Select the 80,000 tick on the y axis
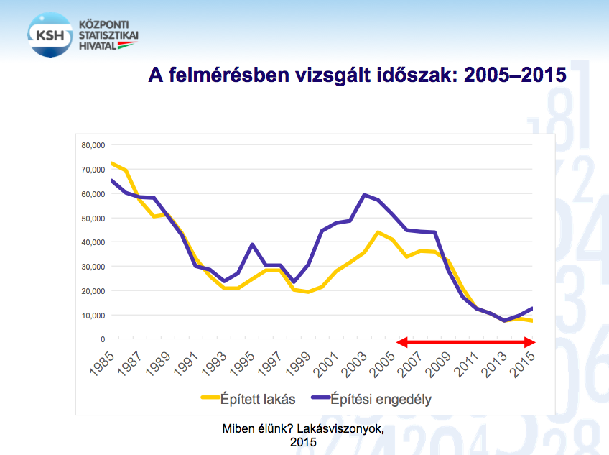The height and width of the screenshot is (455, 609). [x=93, y=145]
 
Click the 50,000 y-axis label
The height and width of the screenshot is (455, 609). [x=93, y=218]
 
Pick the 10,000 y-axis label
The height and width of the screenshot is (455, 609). [x=93, y=315]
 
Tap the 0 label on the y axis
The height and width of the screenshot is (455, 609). [x=103, y=339]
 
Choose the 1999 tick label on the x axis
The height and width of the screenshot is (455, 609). [x=299, y=363]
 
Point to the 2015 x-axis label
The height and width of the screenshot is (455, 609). [x=524, y=363]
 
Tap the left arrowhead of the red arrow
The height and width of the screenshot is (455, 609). [x=401, y=342]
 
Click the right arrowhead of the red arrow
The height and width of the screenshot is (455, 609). [x=531, y=342]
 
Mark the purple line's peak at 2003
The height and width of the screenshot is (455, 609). [x=364, y=195]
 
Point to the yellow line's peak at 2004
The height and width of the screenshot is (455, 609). [x=378, y=232]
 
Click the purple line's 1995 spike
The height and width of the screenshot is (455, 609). [x=252, y=244]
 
